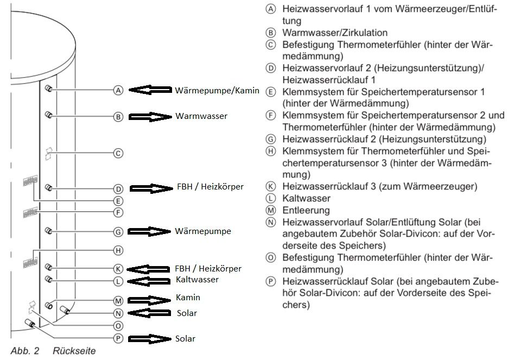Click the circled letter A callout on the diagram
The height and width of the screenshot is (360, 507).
tap(118, 90)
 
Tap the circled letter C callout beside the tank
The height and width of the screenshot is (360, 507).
tap(118, 153)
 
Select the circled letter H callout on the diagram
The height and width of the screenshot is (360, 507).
tap(118, 250)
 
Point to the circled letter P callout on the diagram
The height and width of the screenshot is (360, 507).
tap(118, 338)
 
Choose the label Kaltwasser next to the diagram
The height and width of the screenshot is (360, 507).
tap(198, 279)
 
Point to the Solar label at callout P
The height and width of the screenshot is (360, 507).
tap(185, 338)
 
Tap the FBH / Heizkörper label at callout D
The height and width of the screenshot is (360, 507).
tap(210, 187)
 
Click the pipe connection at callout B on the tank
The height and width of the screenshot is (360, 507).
tap(48, 115)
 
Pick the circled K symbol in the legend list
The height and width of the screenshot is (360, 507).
tap(271, 186)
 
